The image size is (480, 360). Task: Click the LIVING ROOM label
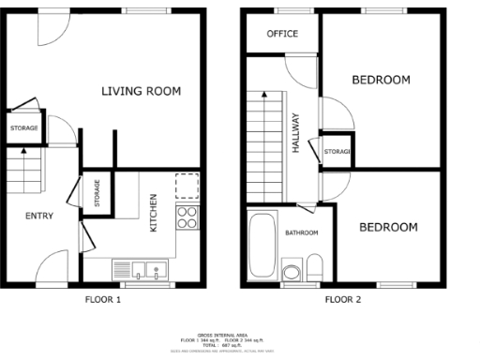141,91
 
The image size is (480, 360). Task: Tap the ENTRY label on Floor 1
38,216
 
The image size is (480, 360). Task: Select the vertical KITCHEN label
153,214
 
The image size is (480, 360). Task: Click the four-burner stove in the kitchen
187,217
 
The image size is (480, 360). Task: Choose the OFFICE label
282,34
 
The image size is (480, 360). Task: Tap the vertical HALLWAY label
295,132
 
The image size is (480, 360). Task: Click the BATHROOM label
301,232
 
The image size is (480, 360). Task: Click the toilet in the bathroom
315,264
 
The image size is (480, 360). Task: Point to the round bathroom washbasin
291,273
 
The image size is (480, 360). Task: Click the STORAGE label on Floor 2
336,152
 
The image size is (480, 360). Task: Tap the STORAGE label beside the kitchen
97,194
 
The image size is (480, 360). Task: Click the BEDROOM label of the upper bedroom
381,80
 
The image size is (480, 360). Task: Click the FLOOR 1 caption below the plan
103,300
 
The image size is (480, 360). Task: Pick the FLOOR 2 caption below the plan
343,300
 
